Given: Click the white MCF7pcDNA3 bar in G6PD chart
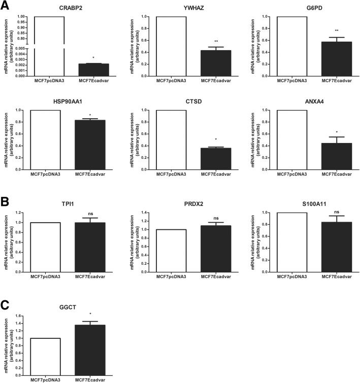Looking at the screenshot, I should (x=293, y=46).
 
